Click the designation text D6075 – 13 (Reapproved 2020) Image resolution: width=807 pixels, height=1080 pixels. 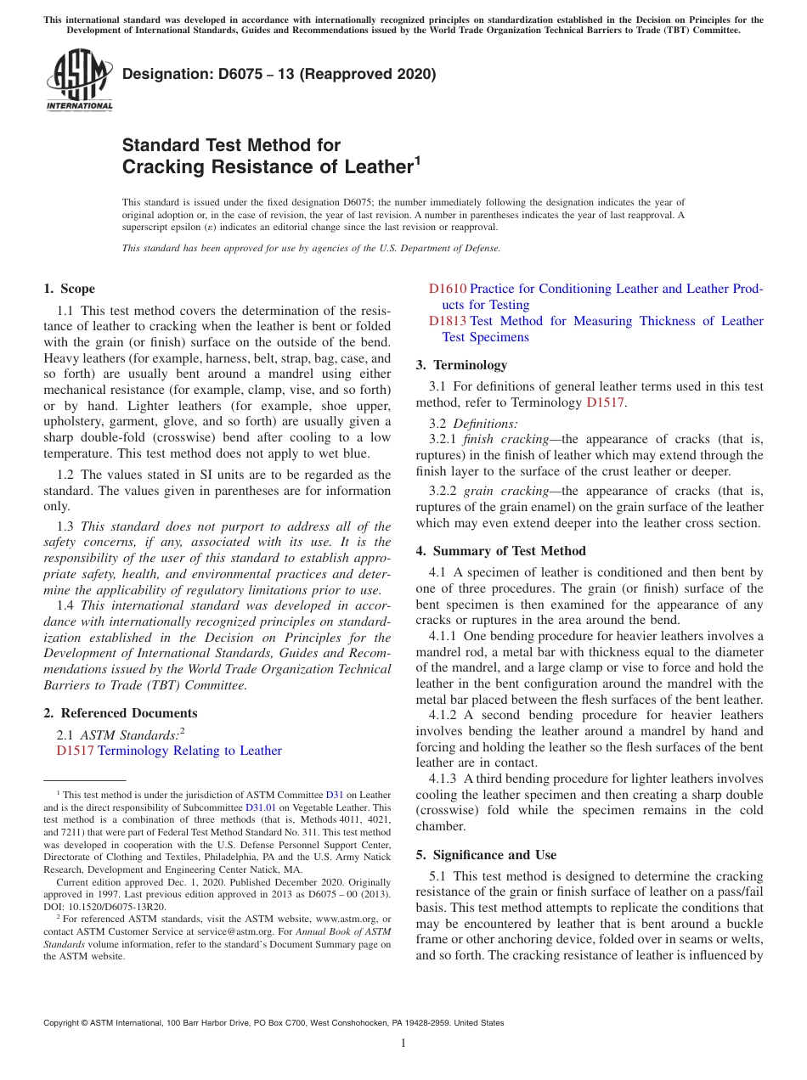[x=279, y=74]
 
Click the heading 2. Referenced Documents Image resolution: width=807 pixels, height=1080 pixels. [x=120, y=713]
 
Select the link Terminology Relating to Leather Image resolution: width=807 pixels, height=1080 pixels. [x=189, y=751]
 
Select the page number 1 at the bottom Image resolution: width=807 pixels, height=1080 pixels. [x=403, y=1043]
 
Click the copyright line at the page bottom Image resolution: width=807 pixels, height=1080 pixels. [x=274, y=1023]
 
